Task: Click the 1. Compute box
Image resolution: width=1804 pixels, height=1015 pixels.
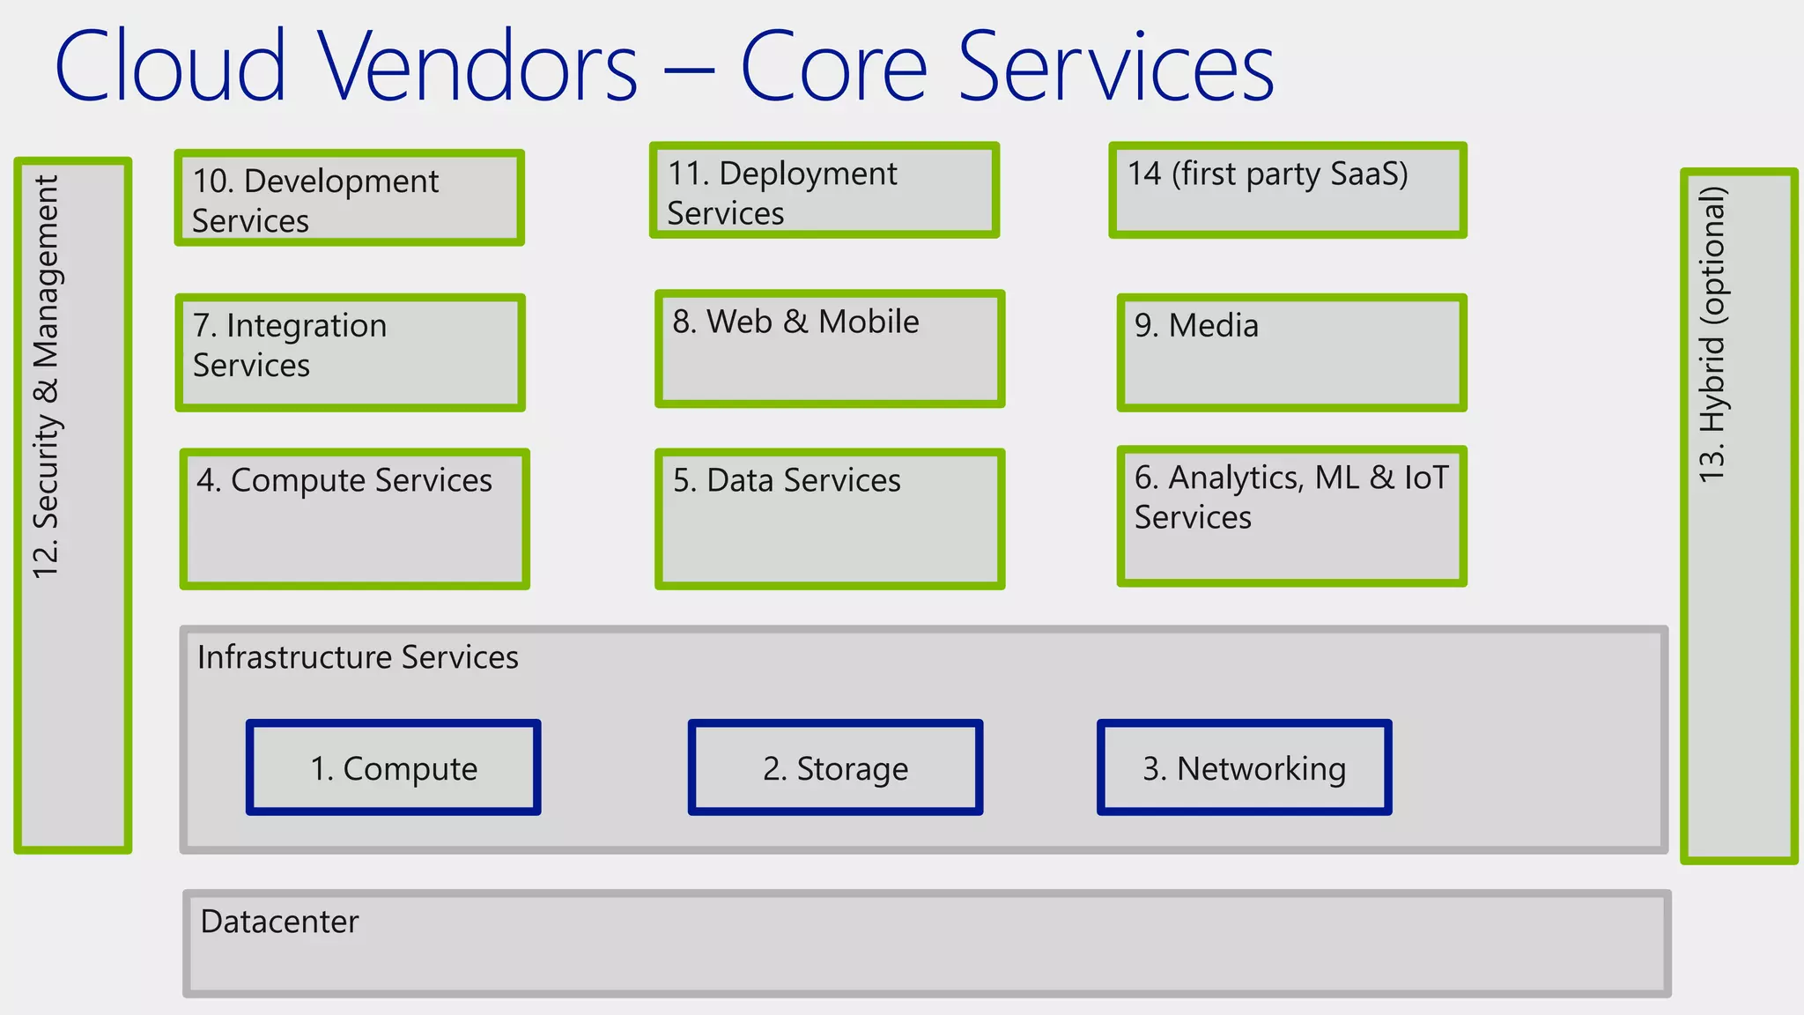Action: (393, 767)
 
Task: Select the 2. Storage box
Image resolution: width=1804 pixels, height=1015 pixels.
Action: (835, 767)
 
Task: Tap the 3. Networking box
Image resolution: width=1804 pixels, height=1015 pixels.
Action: (1244, 767)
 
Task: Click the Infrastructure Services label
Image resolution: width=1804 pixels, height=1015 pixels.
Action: (358, 657)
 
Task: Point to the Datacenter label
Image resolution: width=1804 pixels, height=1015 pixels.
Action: (279, 922)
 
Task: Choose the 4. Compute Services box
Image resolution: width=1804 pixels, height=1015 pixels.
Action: (354, 519)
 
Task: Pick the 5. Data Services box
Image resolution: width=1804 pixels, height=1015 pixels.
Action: (830, 519)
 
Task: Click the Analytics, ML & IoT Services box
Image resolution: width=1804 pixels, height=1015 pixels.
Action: (1291, 516)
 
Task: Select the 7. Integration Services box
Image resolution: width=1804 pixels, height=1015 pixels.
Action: (350, 352)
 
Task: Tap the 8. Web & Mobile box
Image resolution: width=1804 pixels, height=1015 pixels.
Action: (830, 349)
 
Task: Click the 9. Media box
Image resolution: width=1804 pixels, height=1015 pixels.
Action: (1291, 352)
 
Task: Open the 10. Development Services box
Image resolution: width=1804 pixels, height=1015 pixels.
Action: (349, 198)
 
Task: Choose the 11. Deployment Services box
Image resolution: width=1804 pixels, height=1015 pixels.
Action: (824, 190)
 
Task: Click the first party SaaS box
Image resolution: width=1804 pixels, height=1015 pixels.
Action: (1287, 190)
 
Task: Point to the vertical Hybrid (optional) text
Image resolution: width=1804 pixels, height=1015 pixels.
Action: (1713, 335)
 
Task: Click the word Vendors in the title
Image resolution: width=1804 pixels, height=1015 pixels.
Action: (477, 67)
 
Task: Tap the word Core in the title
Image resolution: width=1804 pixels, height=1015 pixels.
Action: (833, 67)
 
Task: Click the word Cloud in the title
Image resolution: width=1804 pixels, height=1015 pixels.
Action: (171, 67)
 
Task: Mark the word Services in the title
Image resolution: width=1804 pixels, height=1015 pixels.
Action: (1115, 67)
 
